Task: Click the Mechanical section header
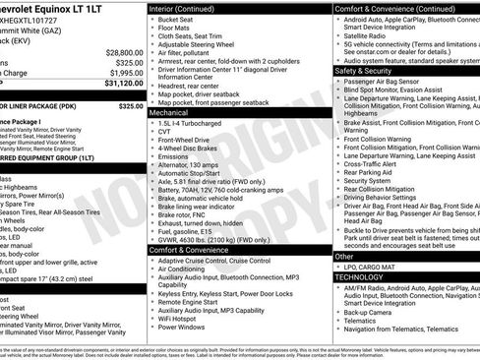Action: [x=176, y=113]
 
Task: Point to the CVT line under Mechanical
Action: [x=165, y=135]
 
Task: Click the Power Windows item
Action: [x=184, y=328]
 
